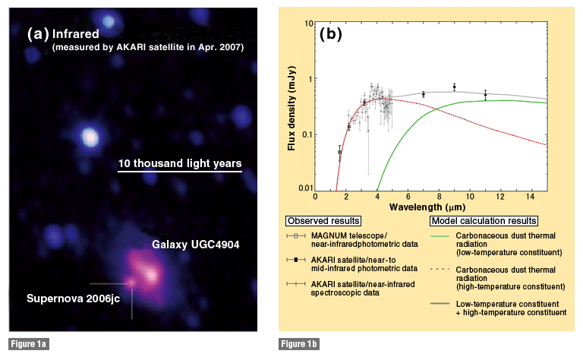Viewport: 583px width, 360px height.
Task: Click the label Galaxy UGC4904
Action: [x=196, y=245]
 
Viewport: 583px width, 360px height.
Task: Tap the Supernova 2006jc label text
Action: [x=73, y=298]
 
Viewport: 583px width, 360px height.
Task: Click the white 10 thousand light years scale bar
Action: [x=180, y=172]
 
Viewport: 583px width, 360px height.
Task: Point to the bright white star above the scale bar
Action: [x=90, y=137]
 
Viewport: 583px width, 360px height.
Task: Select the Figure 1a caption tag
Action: [x=29, y=344]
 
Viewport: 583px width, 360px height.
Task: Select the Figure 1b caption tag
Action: [x=299, y=344]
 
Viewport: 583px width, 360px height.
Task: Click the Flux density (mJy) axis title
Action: [x=291, y=108]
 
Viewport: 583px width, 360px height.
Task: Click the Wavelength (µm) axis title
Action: [x=427, y=207]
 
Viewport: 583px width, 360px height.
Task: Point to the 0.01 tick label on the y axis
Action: [x=306, y=188]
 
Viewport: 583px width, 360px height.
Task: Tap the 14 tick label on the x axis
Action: [x=531, y=197]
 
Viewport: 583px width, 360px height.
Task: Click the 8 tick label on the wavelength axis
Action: [x=439, y=197]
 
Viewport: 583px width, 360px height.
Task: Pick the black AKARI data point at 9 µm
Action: [x=455, y=87]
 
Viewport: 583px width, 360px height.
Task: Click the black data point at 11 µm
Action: [x=485, y=95]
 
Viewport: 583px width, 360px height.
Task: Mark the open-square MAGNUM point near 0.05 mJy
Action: [x=339, y=153]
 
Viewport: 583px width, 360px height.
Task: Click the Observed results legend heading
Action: [x=323, y=221]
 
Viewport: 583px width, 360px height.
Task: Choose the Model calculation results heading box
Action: [x=484, y=221]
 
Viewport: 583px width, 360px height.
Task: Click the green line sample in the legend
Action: [x=440, y=235]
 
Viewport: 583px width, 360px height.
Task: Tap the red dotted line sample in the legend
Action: [x=440, y=269]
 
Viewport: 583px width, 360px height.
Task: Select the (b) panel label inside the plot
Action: [x=330, y=34]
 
